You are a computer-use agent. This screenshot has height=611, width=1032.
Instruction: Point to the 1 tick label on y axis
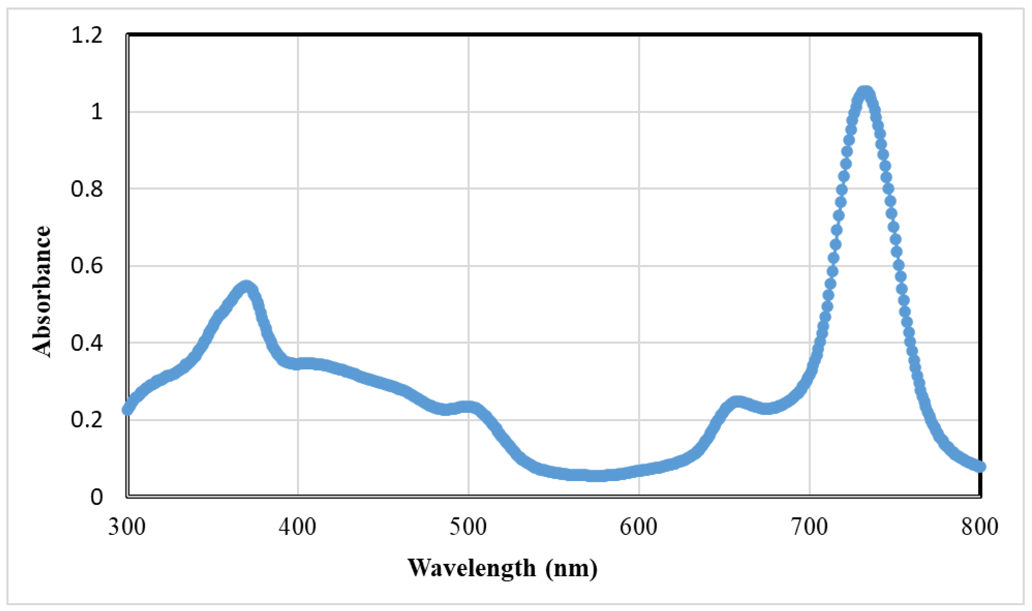coord(96,112)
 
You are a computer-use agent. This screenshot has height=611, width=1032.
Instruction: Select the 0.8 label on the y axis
coord(86,189)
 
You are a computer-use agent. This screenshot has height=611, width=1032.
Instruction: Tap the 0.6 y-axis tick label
coord(86,266)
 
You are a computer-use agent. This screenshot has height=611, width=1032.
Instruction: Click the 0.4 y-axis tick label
coord(86,343)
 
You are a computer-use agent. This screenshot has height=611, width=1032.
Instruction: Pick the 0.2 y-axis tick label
coord(86,420)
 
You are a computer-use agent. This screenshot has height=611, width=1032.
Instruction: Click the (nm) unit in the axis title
coord(571,569)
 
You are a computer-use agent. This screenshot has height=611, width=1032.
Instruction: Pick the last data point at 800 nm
coord(980,466)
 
